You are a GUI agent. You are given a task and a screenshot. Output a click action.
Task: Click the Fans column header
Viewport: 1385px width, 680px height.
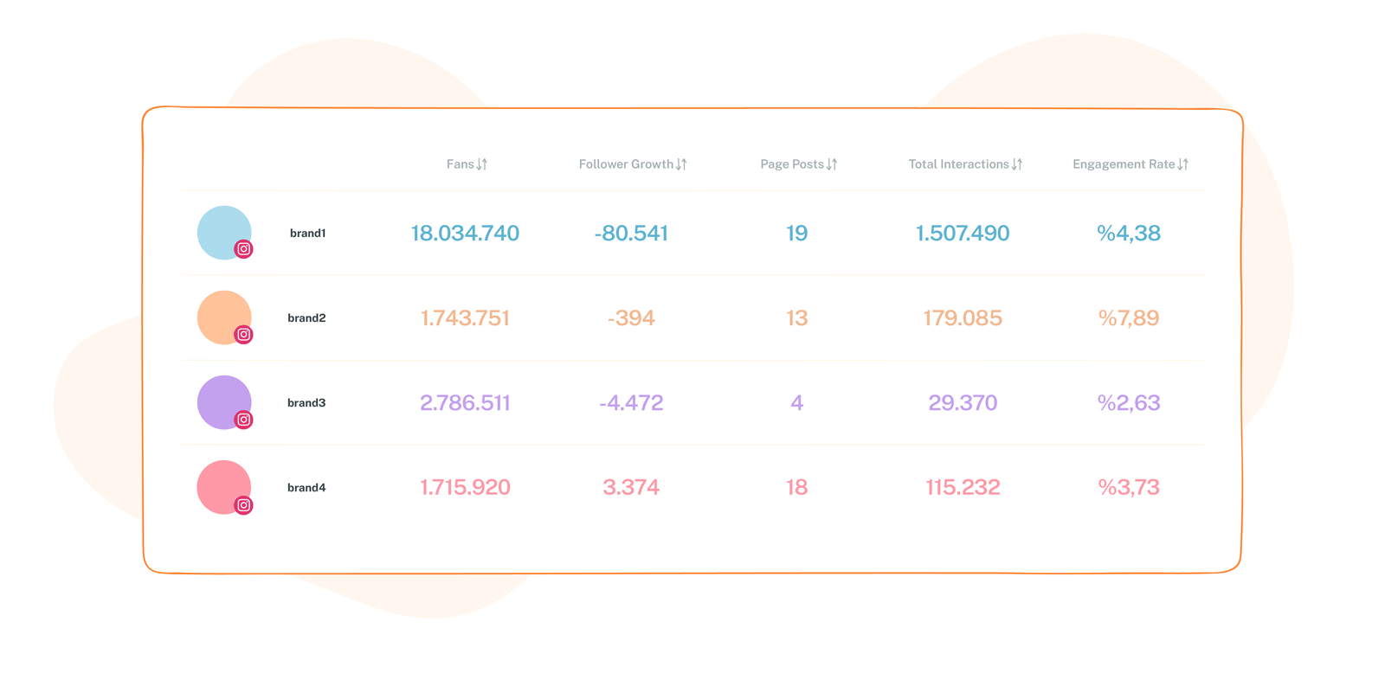pos(461,164)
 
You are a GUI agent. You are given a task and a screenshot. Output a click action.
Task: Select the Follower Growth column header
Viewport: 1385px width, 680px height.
pos(626,164)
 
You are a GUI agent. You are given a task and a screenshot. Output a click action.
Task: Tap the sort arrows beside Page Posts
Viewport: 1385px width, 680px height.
pos(832,164)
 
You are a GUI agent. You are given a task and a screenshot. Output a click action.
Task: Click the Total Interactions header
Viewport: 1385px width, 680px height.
pos(958,164)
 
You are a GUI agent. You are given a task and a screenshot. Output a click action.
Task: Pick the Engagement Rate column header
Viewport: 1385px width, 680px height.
pos(1124,164)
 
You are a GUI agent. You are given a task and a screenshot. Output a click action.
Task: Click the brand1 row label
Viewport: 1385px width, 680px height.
pos(307,234)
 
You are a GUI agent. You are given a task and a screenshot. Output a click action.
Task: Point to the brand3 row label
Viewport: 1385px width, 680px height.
pos(306,403)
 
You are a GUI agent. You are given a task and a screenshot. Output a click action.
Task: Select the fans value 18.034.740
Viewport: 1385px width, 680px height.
pos(465,234)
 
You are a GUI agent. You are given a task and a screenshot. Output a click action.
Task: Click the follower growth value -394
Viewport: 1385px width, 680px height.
pos(631,318)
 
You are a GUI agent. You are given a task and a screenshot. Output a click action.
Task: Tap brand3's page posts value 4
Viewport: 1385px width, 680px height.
pos(796,403)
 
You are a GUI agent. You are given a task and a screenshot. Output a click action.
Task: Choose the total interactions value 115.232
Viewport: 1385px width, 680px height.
pos(963,488)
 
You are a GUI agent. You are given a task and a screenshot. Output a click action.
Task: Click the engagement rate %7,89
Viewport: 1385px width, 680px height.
pos(1128,318)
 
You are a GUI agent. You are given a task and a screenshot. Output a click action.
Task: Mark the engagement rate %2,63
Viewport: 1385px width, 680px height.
pos(1128,403)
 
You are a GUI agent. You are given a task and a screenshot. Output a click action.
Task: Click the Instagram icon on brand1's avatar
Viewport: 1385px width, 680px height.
pos(244,249)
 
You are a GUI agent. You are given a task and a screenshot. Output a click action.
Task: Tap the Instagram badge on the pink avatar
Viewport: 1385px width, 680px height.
pos(244,505)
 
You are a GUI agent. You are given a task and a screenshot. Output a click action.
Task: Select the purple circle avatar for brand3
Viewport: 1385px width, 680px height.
pos(221,399)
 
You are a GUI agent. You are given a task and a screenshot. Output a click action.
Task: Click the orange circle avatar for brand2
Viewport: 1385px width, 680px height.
pos(221,314)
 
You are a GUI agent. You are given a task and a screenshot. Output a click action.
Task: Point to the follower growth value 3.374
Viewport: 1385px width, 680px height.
pos(631,488)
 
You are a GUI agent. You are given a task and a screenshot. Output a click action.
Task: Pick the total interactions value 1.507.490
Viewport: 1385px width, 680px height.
pos(963,234)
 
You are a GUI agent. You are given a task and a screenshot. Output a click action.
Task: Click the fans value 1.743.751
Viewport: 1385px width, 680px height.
pos(465,318)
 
